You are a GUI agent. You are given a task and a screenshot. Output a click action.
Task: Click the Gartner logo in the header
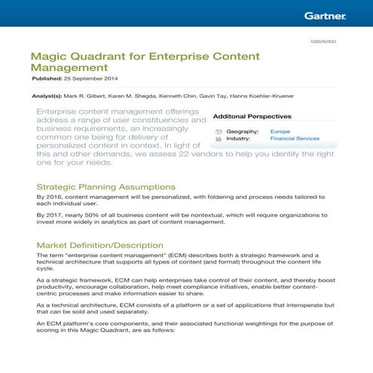[x=325, y=14]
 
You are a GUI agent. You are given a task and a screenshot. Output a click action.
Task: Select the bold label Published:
[x=46, y=78]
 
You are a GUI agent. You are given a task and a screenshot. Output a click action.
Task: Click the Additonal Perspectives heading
[x=252, y=117]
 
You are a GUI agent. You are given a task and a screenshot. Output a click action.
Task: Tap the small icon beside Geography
[x=218, y=131]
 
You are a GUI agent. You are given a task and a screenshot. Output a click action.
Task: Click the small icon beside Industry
[x=218, y=139]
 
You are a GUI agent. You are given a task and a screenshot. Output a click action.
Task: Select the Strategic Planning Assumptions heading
[x=105, y=186]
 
